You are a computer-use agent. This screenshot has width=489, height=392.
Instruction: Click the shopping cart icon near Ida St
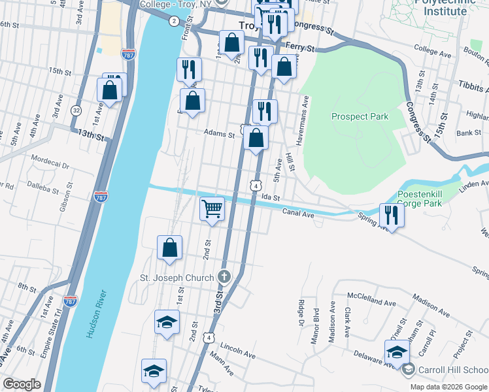(x=212, y=210)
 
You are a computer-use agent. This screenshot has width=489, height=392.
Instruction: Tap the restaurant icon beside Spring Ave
(x=392, y=215)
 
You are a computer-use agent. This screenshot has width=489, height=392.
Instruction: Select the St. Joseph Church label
(x=177, y=278)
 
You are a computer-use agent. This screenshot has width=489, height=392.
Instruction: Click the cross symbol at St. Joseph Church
(x=224, y=277)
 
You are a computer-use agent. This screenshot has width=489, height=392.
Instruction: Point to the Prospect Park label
(x=360, y=117)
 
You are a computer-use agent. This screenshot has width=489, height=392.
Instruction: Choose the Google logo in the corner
(x=22, y=384)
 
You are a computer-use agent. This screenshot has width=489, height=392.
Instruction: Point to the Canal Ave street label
(x=299, y=212)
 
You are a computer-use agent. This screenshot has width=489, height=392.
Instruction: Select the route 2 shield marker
(x=173, y=21)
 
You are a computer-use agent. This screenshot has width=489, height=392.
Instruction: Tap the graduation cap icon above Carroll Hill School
(x=397, y=352)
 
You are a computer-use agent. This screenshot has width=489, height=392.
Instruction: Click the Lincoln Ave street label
(x=238, y=346)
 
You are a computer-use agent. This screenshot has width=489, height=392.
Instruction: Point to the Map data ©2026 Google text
(x=448, y=387)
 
